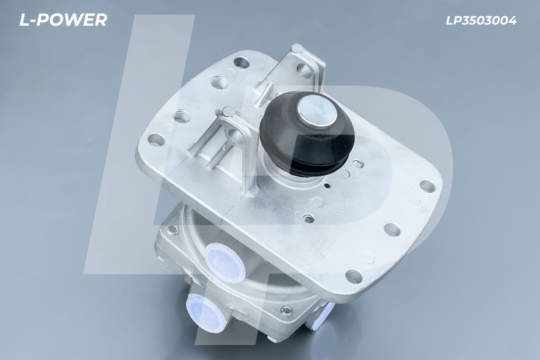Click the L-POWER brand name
pyautogui.click(x=63, y=20)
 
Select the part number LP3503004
pyautogui.click(x=481, y=21)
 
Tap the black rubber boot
pyautogui.click(x=306, y=134)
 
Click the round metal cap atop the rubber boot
pyautogui.click(x=317, y=111)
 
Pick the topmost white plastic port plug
pyautogui.click(x=225, y=263)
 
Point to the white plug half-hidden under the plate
pyautogui.click(x=323, y=315)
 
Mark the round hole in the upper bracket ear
pyautogui.click(x=304, y=70)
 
